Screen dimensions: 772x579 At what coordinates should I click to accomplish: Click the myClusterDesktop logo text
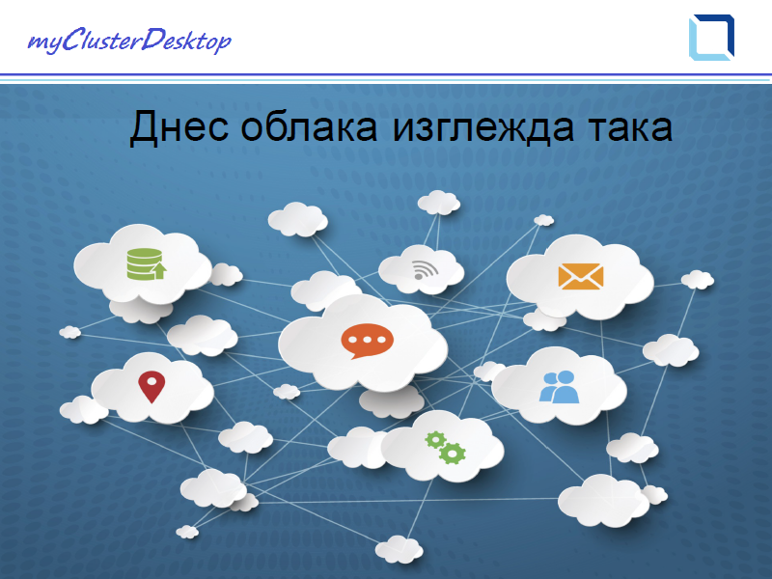[129, 41]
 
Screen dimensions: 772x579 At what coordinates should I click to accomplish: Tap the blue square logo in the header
[711, 38]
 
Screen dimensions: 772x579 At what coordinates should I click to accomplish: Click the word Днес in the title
[179, 127]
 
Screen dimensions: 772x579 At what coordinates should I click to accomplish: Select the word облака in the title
[309, 126]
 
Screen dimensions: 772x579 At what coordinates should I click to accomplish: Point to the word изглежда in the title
[483, 127]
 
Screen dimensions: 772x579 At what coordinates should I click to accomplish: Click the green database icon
[147, 264]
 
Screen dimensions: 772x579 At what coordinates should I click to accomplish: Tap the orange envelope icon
[581, 276]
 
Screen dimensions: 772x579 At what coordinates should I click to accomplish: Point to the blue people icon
[559, 387]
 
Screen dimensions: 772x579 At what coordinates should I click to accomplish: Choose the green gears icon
[446, 448]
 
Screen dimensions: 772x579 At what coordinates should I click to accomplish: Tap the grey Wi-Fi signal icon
[425, 270]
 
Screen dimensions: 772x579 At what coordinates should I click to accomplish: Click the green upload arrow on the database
[158, 270]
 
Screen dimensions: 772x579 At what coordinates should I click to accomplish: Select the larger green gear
[452, 453]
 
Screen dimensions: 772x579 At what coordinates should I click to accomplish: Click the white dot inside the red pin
[152, 381]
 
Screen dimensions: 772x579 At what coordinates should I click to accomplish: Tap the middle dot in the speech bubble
[368, 340]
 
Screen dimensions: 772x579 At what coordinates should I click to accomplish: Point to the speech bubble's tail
[358, 355]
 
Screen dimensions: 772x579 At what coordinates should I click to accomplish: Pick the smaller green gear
[435, 439]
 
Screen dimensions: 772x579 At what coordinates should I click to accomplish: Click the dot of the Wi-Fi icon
[419, 276]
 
